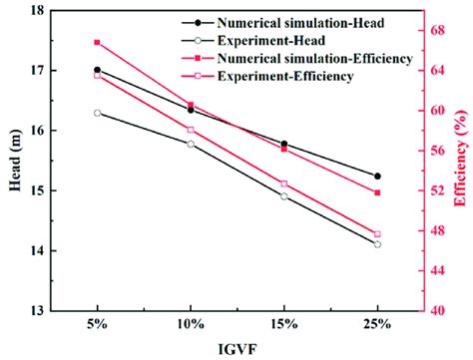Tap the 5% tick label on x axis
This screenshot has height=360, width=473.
click(97, 324)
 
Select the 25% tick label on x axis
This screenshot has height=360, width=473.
click(377, 324)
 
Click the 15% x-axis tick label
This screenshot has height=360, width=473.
click(283, 324)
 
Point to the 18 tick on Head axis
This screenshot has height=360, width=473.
click(37, 11)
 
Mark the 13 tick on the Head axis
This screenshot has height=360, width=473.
click(37, 310)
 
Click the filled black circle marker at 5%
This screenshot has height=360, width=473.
click(97, 70)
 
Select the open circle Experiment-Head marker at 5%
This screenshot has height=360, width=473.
click(97, 113)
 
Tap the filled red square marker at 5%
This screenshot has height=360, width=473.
click(97, 42)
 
